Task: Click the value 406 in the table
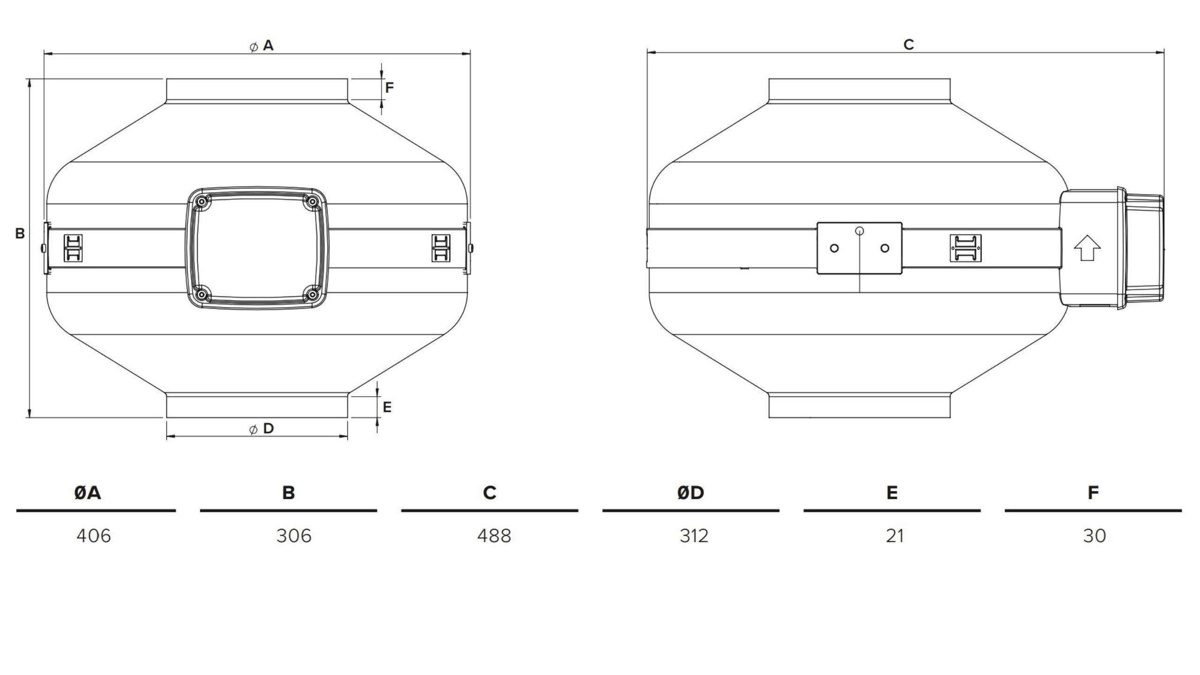(94, 536)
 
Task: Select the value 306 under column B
(294, 536)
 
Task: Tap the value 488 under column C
(494, 536)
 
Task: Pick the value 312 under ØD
(694, 536)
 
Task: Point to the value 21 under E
(895, 536)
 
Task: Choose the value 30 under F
(1095, 536)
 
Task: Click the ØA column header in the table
(88, 493)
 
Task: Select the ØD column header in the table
(690, 493)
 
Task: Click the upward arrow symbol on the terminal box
(1087, 248)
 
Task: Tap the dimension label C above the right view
(908, 45)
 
